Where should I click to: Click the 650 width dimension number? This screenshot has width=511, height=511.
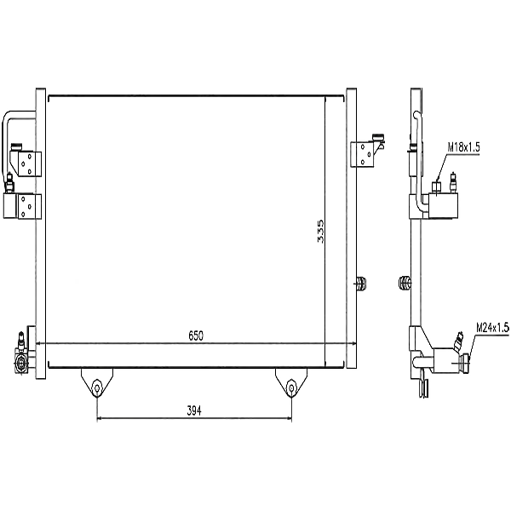pos(197,336)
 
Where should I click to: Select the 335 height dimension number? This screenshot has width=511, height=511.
pos(320,231)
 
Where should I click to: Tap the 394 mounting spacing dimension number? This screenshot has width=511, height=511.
pos(193,411)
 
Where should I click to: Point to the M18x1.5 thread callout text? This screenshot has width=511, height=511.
pos(464,147)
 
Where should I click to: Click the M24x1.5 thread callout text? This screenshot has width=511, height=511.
pos(491,327)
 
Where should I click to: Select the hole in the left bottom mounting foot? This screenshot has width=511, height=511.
pos(97,388)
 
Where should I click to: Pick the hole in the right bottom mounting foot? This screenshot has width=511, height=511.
pos(291,388)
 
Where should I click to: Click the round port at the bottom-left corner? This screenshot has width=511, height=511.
pos(19,365)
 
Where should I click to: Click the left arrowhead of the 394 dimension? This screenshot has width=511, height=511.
pos(100,419)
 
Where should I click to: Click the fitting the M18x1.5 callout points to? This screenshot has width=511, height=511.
pos(436,187)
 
